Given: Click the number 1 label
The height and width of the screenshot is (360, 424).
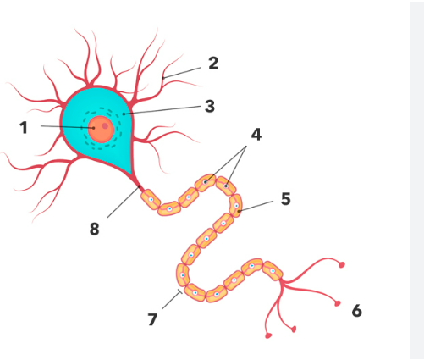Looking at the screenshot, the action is [24, 127].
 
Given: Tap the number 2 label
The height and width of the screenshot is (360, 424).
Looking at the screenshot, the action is [213, 64].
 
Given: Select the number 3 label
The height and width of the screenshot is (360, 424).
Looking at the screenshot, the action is [210, 107].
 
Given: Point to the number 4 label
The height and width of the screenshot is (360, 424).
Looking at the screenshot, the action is [256, 135].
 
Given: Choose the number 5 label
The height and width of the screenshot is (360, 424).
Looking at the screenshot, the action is [286, 199].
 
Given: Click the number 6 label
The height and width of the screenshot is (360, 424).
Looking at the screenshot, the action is [357, 311].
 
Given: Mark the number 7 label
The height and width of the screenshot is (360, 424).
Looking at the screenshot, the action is [152, 320].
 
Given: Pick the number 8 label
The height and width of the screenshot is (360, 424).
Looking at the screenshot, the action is [95, 229].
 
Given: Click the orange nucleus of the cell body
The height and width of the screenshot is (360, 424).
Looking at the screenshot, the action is [101, 130].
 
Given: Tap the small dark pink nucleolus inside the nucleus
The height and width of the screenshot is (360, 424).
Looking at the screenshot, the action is [105, 125].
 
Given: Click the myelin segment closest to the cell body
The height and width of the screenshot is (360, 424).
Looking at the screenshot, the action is [151, 199].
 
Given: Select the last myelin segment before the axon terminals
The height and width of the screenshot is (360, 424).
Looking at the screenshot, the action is [273, 271].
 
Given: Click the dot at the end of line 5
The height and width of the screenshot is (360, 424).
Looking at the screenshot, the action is [239, 211].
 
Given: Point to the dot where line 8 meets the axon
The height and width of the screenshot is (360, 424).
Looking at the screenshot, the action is [139, 186].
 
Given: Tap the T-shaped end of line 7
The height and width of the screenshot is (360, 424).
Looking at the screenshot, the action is [179, 292].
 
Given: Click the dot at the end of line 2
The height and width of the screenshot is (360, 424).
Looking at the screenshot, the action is [163, 78].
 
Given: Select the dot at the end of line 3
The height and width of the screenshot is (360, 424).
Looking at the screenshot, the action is [124, 114].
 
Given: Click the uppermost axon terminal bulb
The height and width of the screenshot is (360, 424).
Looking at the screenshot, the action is [342, 265].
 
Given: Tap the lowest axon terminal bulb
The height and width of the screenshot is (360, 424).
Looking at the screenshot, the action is [268, 335].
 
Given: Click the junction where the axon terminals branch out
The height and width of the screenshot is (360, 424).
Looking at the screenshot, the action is [283, 281].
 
